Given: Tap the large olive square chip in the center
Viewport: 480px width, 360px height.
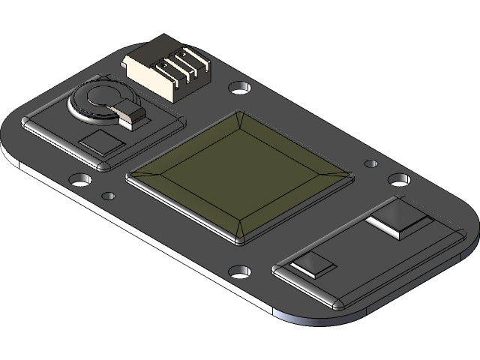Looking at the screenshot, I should (238, 175).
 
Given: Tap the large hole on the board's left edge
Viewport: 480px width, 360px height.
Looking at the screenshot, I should (79, 180).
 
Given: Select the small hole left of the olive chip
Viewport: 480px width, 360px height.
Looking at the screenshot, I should (109, 196).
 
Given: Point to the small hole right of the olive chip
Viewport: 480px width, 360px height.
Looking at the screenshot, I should (370, 162).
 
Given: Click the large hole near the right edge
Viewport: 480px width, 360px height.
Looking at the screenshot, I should (398, 179).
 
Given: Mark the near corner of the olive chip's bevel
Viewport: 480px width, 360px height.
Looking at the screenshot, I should (239, 242).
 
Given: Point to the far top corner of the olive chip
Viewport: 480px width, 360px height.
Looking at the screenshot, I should (239, 114).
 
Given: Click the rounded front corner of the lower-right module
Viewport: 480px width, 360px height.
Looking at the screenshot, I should (337, 304).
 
